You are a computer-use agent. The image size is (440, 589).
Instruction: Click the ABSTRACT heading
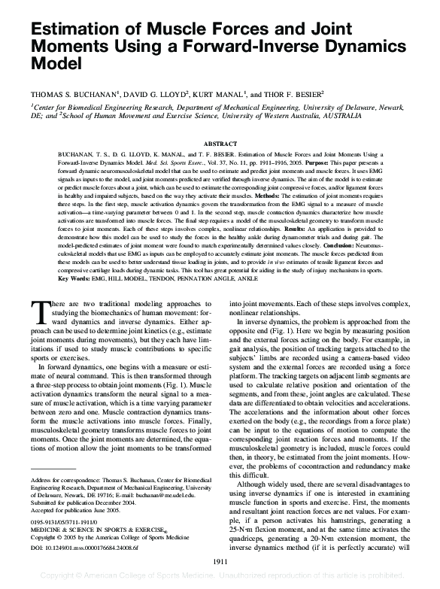pyautogui.click(x=220, y=144)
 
